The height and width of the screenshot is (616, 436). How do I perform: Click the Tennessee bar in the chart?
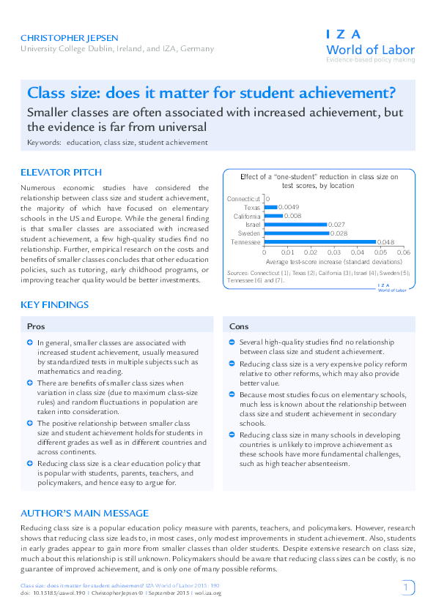319,242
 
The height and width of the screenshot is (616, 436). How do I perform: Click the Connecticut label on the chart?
243,198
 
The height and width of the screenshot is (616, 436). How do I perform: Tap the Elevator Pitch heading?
61,173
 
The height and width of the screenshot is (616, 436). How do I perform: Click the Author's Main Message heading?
84,513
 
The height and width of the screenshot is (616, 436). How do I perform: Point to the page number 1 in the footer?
407,587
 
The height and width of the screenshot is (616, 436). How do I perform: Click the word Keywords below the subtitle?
44,143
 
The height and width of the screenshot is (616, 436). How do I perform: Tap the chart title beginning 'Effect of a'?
319,181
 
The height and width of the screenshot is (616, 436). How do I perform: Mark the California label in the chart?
247,216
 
